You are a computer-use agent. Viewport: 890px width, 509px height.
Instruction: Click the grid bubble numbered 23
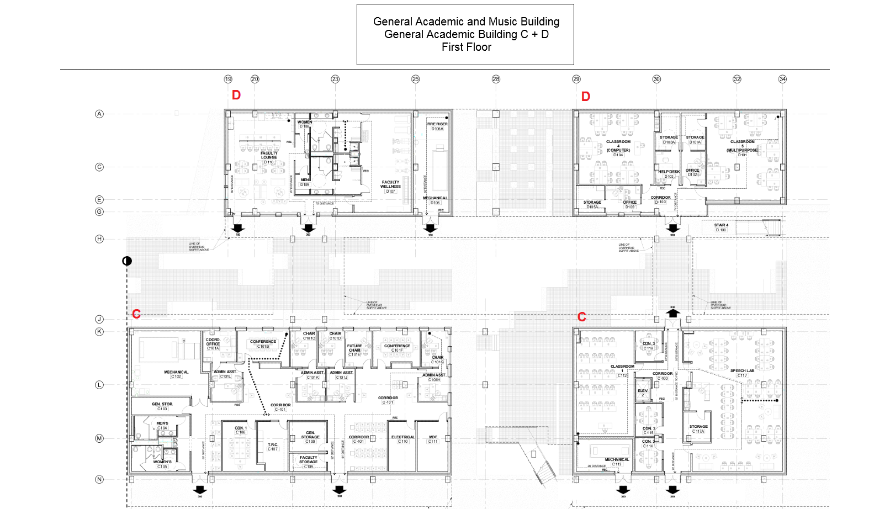click(x=335, y=79)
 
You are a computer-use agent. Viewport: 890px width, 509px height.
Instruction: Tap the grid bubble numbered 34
click(x=782, y=79)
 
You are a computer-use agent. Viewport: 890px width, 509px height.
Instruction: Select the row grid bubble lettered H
click(x=99, y=239)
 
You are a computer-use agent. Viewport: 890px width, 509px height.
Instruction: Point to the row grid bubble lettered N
click(x=99, y=479)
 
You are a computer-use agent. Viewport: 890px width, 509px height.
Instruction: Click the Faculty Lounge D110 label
click(x=269, y=158)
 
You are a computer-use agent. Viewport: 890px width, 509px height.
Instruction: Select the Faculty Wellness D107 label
click(x=390, y=187)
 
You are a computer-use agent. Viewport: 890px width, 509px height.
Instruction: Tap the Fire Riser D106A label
click(x=437, y=126)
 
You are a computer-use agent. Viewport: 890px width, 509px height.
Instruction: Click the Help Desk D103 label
click(x=669, y=174)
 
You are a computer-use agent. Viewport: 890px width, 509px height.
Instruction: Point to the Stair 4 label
click(x=721, y=227)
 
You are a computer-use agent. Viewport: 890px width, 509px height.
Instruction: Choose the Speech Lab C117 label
click(x=742, y=373)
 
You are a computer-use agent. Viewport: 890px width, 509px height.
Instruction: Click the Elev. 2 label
click(x=643, y=393)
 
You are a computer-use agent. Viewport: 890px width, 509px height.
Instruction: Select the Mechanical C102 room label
click(x=176, y=374)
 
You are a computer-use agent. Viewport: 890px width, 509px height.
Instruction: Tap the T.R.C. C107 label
click(x=273, y=447)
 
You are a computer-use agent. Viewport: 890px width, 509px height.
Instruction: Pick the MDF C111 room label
click(x=433, y=439)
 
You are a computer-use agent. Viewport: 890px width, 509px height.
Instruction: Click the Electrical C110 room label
click(x=403, y=439)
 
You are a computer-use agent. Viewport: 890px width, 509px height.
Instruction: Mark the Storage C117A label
click(x=698, y=428)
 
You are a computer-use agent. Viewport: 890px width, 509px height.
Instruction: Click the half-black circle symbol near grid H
click(x=127, y=261)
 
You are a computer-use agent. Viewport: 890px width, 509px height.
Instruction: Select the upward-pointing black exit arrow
click(x=672, y=313)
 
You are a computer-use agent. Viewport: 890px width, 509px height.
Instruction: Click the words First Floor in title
click(x=466, y=47)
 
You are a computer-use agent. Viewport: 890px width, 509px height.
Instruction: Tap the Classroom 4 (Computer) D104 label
click(x=618, y=148)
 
